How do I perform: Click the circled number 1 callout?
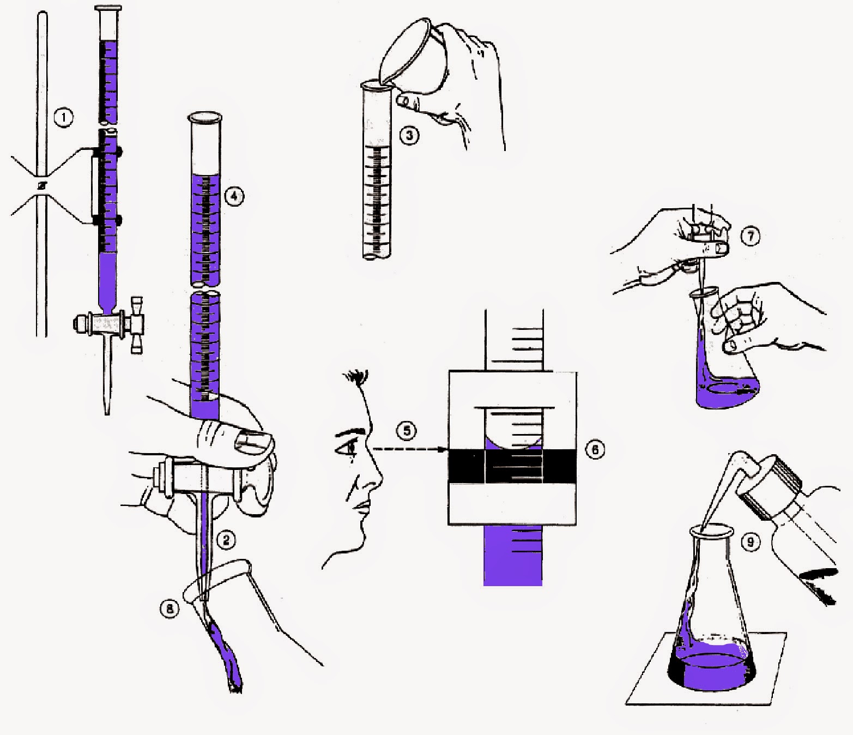tap(64, 117)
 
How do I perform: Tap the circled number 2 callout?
tap(226, 540)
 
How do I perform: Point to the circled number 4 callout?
tap(234, 196)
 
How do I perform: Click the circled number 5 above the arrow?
tap(406, 431)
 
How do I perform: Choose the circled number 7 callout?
tap(751, 236)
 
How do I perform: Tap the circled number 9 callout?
tap(751, 542)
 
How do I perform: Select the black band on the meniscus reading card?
tap(512, 466)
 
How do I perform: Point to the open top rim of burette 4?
tap(204, 117)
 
